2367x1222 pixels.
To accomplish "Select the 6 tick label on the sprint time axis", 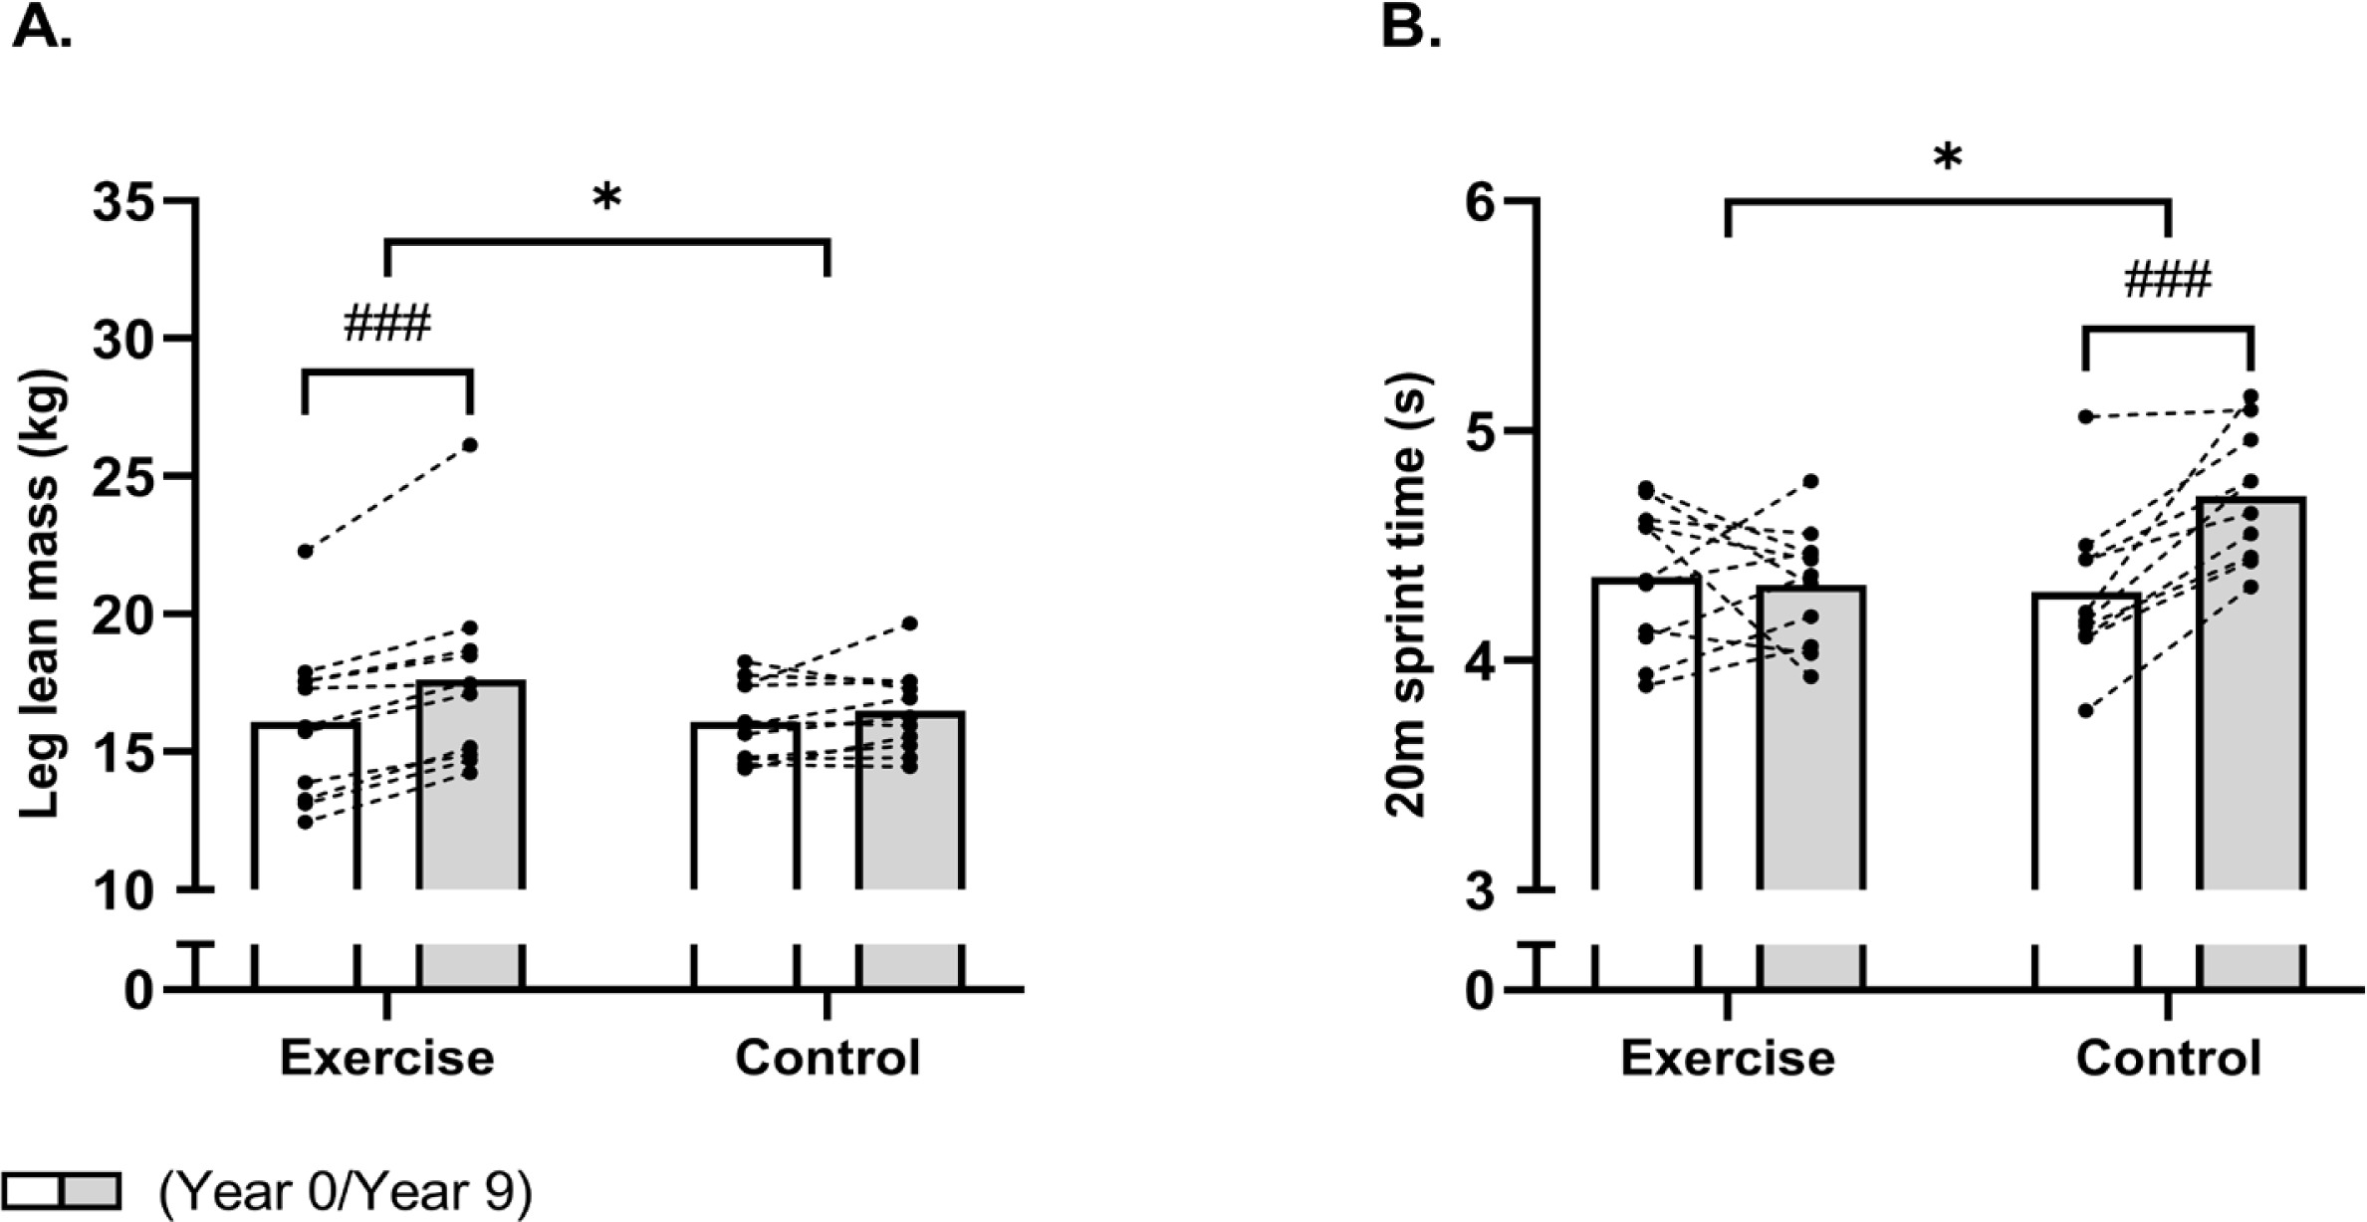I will pyautogui.click(x=1484, y=202).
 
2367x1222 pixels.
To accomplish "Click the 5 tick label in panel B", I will pyautogui.click(x=1484, y=431).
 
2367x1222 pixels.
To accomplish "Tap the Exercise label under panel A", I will pyautogui.click(x=386, y=1058).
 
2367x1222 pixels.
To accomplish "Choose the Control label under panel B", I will pyautogui.click(x=2168, y=1058).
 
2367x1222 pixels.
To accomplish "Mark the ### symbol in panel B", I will pyautogui.click(x=2167, y=281).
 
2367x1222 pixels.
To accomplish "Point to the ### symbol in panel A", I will pyautogui.click(x=386, y=325).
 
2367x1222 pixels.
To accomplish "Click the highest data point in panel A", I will pyautogui.click(x=470, y=444).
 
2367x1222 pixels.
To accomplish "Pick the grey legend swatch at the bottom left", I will pyautogui.click(x=92, y=1190).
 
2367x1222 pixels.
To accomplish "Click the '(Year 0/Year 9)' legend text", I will pyautogui.click(x=346, y=1191).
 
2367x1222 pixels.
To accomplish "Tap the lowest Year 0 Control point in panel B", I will pyautogui.click(x=2085, y=710).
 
